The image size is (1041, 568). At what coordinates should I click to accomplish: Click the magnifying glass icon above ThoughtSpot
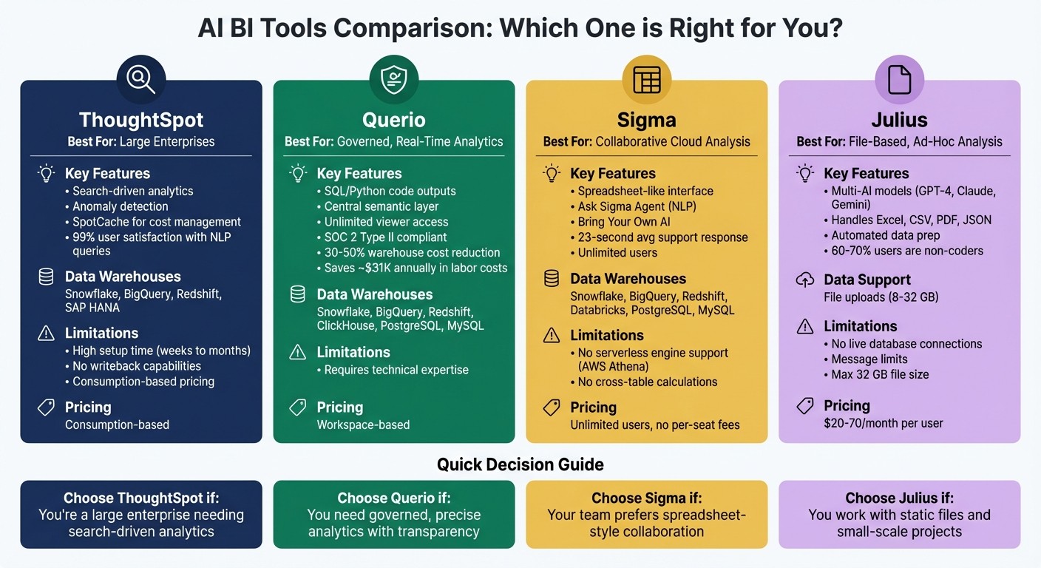[x=140, y=79]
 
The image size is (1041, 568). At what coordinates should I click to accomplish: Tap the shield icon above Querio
[x=393, y=79]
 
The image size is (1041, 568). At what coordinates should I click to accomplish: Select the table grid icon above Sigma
[x=646, y=79]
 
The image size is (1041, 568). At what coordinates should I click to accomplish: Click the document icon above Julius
[x=899, y=79]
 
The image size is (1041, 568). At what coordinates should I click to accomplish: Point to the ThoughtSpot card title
[x=141, y=120]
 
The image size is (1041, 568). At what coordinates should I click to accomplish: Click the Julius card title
[x=899, y=120]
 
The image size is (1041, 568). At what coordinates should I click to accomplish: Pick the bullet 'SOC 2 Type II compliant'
[x=385, y=237]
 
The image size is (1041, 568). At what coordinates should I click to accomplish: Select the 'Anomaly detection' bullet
[x=121, y=206]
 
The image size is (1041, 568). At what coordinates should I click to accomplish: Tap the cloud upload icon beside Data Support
[x=804, y=280]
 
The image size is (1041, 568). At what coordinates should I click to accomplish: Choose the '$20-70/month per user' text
[x=884, y=424]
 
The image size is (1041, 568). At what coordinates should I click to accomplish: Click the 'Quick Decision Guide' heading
[x=520, y=464]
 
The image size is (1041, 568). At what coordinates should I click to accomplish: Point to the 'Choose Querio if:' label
[x=394, y=498]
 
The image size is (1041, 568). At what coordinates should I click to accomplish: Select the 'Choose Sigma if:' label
[x=647, y=498]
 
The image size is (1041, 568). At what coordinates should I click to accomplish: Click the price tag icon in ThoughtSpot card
[x=46, y=408]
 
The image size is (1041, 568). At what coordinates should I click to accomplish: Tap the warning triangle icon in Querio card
[x=298, y=352]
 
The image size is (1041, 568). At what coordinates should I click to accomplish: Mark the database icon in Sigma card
[x=551, y=279]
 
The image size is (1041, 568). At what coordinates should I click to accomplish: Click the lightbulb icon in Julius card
[x=804, y=174]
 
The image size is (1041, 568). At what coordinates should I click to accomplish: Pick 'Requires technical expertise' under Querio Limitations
[x=396, y=370]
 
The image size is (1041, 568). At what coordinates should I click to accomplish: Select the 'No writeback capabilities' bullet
[x=137, y=366]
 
